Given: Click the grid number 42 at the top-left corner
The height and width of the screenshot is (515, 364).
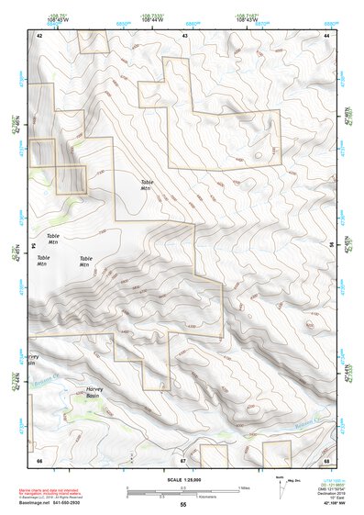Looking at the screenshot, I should tap(39, 34).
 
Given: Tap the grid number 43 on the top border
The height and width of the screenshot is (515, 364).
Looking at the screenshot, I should tap(185, 34).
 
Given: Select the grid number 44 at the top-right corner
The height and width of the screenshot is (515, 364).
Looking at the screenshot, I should tap(327, 34).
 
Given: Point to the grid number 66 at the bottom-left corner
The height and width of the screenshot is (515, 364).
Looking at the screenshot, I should tap(39, 458).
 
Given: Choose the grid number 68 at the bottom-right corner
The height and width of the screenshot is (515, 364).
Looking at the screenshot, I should tap(327, 458).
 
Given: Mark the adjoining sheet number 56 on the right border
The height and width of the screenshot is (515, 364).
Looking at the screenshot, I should tap(333, 246).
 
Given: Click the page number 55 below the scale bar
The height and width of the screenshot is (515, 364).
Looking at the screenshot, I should tap(182, 504).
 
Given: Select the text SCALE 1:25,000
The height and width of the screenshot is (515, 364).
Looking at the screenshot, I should tap(182, 478).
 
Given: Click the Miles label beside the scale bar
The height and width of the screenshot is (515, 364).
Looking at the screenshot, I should tap(243, 487).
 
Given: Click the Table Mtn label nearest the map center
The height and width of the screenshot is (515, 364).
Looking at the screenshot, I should tap(148, 185).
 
